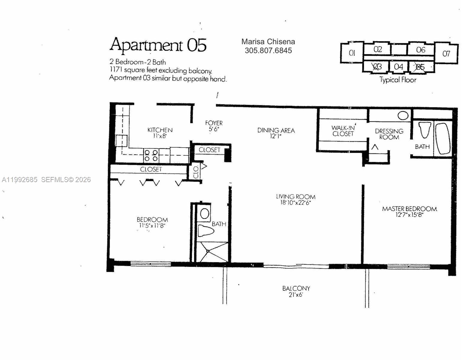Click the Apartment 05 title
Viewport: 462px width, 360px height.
pyautogui.click(x=158, y=45)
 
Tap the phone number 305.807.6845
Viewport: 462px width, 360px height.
pyautogui.click(x=268, y=51)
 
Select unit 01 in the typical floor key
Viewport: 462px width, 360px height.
pyautogui.click(x=352, y=53)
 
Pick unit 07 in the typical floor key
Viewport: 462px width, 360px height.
pyautogui.click(x=446, y=54)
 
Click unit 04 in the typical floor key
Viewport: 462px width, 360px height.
pyautogui.click(x=398, y=67)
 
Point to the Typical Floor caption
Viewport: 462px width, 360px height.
pyautogui.click(x=398, y=80)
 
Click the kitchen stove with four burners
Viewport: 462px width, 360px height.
pyautogui.click(x=151, y=155)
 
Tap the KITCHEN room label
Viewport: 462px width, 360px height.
pyautogui.click(x=160, y=130)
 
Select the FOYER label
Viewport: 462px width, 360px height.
pyautogui.click(x=214, y=123)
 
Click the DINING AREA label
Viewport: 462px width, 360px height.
pyautogui.click(x=276, y=130)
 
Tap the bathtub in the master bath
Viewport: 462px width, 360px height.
pyautogui.click(x=443, y=139)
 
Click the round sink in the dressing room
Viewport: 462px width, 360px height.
pyautogui.click(x=403, y=115)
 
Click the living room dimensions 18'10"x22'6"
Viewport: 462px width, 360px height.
pyautogui.click(x=295, y=203)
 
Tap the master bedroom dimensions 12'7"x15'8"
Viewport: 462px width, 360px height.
pyautogui.click(x=409, y=215)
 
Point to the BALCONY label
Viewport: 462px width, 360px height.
pyautogui.click(x=296, y=288)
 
